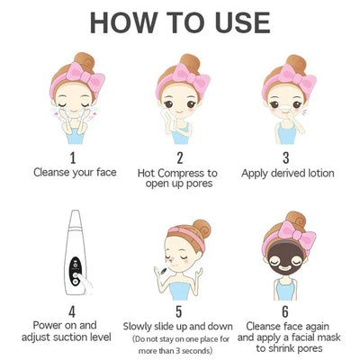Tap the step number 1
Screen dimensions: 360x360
73,157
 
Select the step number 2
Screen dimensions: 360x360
180,157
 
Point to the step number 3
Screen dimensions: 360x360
286,157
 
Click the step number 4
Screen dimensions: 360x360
72,311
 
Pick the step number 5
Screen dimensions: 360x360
179,311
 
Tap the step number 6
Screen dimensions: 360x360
285,311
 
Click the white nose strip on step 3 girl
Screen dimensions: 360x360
284,108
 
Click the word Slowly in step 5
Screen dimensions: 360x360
138,327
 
